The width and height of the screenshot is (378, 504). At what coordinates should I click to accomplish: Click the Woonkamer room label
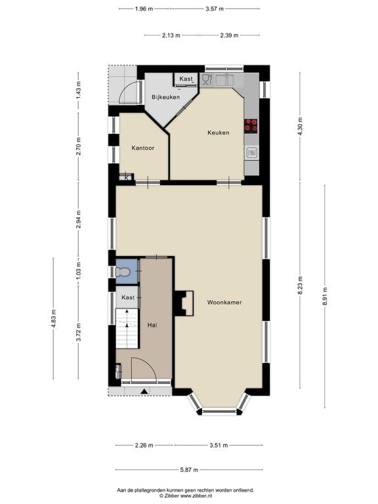pos(224,303)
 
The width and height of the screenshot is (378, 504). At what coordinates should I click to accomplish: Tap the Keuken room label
pos(218,133)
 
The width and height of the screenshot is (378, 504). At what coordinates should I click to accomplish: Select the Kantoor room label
pos(142,148)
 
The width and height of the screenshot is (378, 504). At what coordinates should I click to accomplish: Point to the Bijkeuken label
pos(165,97)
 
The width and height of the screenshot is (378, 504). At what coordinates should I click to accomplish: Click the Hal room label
pos(152,325)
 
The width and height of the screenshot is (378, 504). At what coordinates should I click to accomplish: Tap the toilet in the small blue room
pos(123,271)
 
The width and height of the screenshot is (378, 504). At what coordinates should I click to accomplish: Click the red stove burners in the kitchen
pos(251,125)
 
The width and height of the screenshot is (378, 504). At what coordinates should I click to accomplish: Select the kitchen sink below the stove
pos(251,153)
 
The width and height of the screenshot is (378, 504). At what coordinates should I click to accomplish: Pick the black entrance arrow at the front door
pos(144,391)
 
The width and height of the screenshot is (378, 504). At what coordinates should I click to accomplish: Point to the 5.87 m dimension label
pos(189,470)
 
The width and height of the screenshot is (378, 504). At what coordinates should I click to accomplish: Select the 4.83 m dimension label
pos(54,318)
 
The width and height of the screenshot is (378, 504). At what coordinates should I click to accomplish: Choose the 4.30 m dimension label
pos(301,125)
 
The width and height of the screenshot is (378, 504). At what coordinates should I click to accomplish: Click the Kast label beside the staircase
pos(128,298)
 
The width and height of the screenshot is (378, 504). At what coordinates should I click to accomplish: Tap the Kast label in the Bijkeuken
pos(186,79)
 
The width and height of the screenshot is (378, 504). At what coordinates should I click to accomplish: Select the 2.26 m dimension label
pos(144,445)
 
